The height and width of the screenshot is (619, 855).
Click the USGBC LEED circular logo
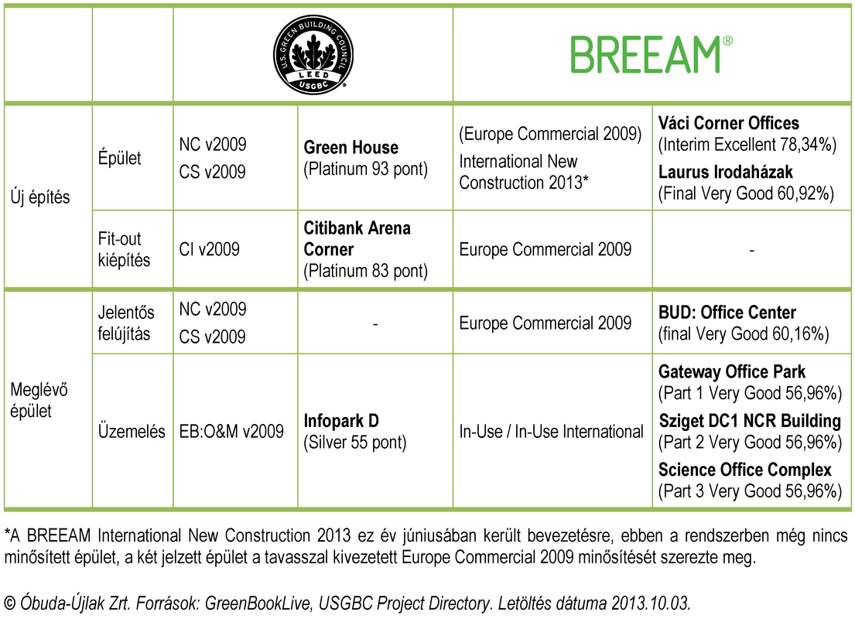(x=313, y=54)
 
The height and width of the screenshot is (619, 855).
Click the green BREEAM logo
(x=652, y=54)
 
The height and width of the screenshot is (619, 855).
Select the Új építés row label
(x=40, y=197)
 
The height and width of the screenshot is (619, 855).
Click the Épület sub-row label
(x=119, y=158)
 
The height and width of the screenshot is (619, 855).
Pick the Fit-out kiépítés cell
(x=124, y=249)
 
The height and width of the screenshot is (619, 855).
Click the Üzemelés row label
(x=132, y=432)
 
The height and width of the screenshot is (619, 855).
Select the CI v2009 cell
(x=210, y=249)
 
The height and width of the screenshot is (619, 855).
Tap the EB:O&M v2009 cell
(x=231, y=432)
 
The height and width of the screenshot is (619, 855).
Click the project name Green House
(x=351, y=147)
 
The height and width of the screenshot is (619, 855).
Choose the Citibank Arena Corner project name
(x=357, y=238)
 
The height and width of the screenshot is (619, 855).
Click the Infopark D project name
(x=340, y=420)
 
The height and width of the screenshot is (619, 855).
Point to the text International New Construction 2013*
(x=524, y=172)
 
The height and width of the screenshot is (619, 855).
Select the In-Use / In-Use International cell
(x=551, y=432)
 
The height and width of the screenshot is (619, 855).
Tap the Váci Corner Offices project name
(x=729, y=123)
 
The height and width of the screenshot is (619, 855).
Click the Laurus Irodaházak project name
(x=725, y=172)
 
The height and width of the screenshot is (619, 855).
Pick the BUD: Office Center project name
(x=727, y=313)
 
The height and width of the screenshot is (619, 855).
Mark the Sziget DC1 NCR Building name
(x=750, y=420)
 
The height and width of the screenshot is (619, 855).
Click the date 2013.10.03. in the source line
(x=651, y=604)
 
